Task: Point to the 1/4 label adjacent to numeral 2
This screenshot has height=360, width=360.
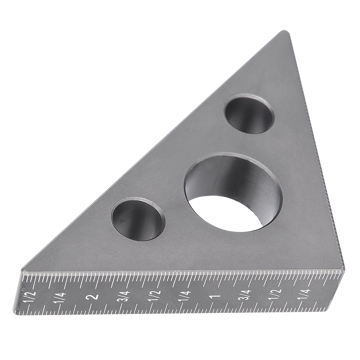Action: click(x=60, y=297)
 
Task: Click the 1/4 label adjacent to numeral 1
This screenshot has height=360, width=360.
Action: click(x=184, y=297)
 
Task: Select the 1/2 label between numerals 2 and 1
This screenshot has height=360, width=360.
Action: click(x=155, y=297)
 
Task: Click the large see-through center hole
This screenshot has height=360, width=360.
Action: click(x=233, y=192)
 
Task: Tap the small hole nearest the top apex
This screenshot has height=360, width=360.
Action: click(x=249, y=114)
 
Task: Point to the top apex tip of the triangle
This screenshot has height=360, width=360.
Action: click(x=284, y=32)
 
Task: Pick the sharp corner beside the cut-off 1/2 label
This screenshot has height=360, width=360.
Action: click(x=22, y=270)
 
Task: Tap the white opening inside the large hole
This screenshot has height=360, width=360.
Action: click(x=225, y=214)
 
